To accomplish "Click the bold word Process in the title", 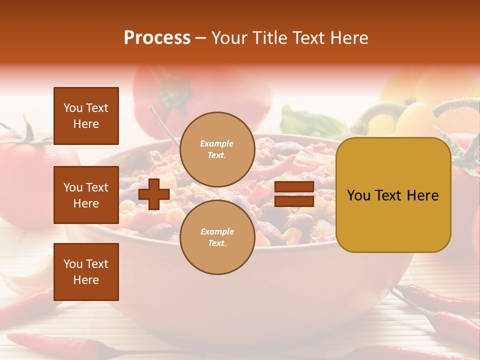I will [157, 38].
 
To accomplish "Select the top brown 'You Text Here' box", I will [86, 116].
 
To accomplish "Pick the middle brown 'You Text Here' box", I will [86, 195].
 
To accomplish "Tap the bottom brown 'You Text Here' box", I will [86, 271].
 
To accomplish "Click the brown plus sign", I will [154, 194].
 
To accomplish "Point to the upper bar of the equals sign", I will [294, 187].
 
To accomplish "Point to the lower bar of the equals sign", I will [294, 201].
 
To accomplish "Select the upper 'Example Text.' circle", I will [217, 149].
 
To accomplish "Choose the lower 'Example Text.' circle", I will [217, 237].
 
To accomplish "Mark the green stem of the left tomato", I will [27, 132].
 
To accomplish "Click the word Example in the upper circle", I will [217, 144].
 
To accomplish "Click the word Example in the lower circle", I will [217, 231].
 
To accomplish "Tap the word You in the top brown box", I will [72, 108].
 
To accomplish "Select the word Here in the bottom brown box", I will [86, 280].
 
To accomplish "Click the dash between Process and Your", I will [201, 38].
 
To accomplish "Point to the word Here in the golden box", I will [423, 195].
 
